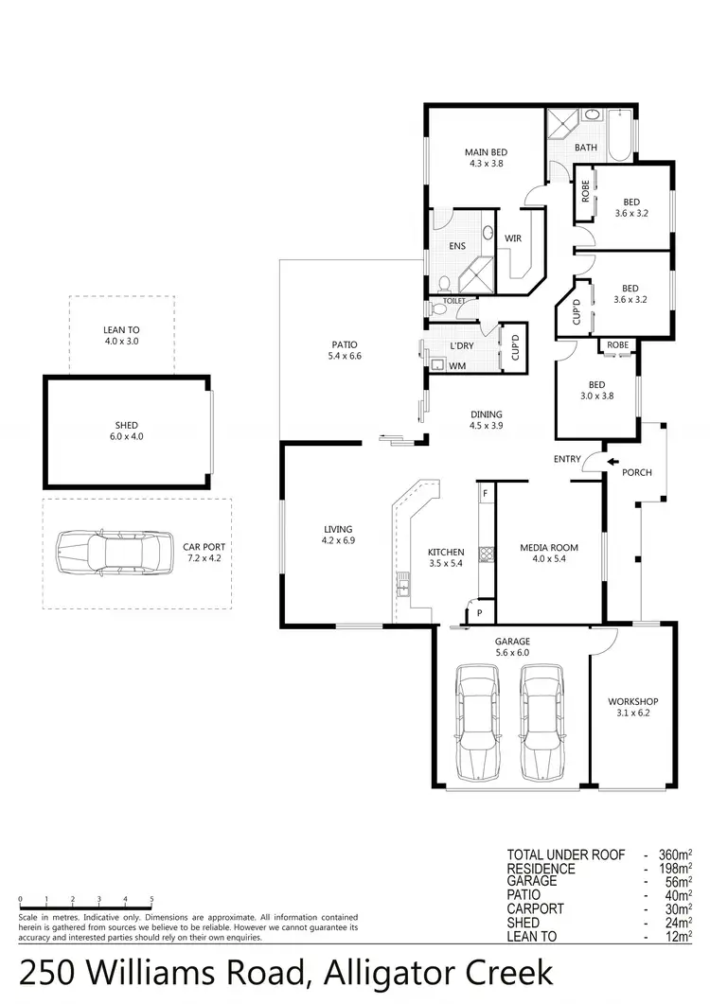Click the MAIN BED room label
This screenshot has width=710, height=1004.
(x=484, y=152)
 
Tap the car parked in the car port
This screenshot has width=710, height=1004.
(x=115, y=553)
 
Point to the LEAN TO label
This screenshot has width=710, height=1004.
(x=121, y=330)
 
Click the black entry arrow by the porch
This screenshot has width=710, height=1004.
(x=612, y=463)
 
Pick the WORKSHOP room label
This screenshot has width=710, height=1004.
(x=632, y=701)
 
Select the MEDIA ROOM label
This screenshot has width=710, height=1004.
(x=548, y=547)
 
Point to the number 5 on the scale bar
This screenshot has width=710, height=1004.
(x=151, y=899)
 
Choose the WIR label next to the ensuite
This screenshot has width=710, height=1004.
(x=513, y=238)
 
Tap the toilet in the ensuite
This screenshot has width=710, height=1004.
(x=443, y=282)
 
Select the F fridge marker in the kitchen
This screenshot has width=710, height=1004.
(x=485, y=494)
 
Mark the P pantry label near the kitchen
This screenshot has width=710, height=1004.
(x=480, y=612)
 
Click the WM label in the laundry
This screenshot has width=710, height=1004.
(x=457, y=365)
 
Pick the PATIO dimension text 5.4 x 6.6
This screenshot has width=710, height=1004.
(x=342, y=356)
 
